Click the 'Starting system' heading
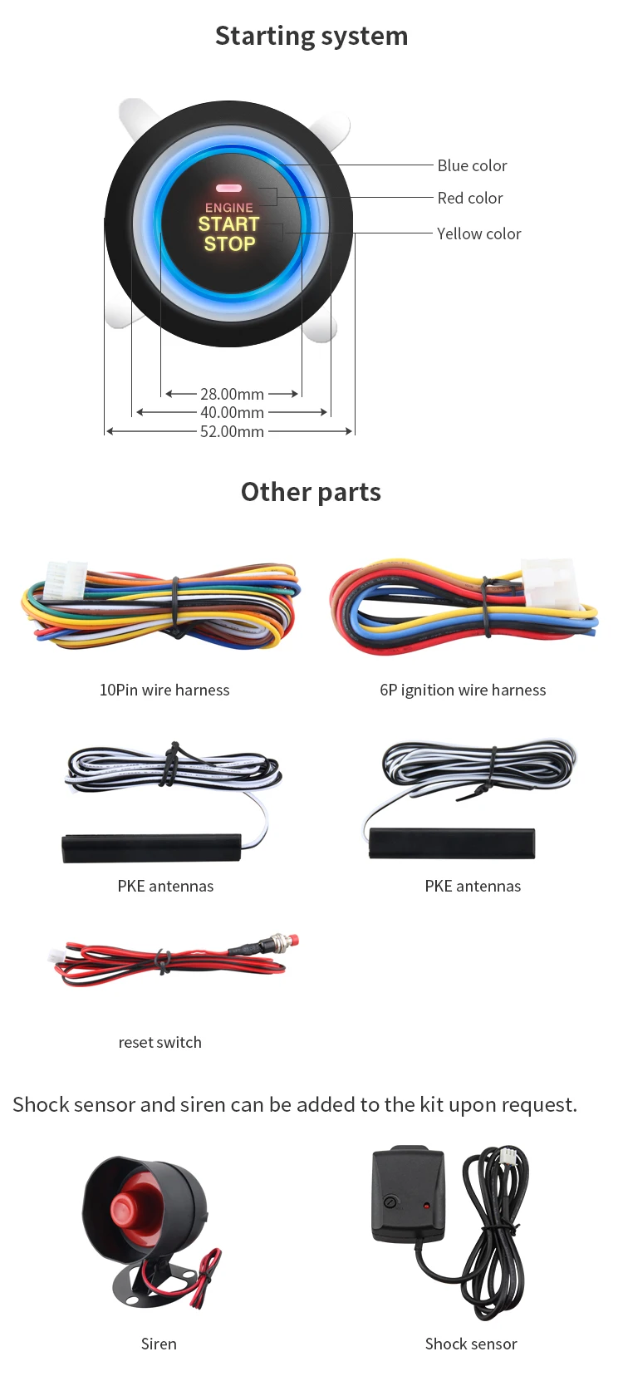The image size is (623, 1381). [x=311, y=36]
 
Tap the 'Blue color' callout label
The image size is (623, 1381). [x=472, y=165]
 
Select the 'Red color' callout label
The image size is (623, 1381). [x=470, y=198]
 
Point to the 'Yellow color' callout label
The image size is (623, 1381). [x=479, y=233]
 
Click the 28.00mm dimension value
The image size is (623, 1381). [x=232, y=394]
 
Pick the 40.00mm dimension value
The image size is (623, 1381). [x=232, y=412]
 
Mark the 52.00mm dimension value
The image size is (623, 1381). [x=232, y=431]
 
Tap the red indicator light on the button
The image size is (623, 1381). [x=228, y=189]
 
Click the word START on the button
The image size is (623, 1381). [x=229, y=224]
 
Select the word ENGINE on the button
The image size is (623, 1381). [x=229, y=208]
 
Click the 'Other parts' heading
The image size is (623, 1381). [x=311, y=492]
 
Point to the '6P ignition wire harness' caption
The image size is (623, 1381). [x=463, y=690]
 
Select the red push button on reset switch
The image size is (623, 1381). [x=292, y=941]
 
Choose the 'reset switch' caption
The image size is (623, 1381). [x=159, y=1042]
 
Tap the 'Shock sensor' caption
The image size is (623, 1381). [x=471, y=1344]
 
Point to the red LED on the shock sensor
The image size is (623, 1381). [x=427, y=1205]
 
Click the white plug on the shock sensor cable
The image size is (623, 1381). [x=508, y=1157]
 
